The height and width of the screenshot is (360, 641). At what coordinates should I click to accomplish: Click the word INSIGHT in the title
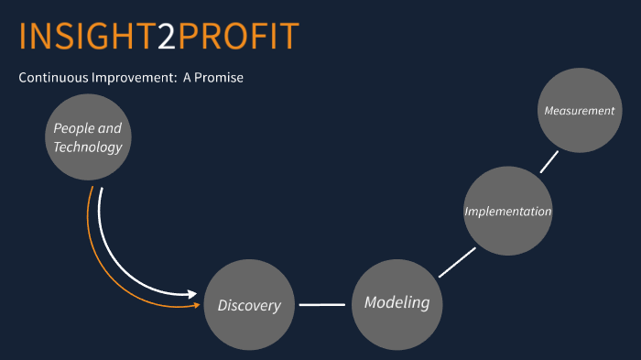click(x=85, y=36)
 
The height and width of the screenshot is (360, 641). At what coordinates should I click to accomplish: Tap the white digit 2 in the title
click(x=165, y=36)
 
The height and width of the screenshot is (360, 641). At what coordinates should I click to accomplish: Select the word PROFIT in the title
click(x=238, y=36)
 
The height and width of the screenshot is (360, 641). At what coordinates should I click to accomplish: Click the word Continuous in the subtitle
click(x=53, y=77)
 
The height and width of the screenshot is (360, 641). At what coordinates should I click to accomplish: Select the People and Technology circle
click(x=87, y=137)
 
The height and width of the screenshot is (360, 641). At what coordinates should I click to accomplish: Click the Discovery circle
click(x=249, y=305)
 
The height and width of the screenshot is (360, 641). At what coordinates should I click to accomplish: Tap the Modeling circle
click(x=397, y=303)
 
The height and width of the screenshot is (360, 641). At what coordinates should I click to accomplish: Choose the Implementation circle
click(x=507, y=211)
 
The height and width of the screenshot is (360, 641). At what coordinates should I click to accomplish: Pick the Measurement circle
click(x=579, y=110)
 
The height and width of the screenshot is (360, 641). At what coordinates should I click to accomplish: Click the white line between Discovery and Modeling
click(x=321, y=304)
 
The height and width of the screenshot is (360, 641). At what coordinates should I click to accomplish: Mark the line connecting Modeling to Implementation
click(x=453, y=262)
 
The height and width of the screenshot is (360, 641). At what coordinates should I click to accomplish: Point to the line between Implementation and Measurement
click(x=549, y=161)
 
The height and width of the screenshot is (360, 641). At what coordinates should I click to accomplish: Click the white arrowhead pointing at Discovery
click(x=192, y=295)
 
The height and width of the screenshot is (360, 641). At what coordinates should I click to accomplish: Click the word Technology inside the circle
click(x=88, y=147)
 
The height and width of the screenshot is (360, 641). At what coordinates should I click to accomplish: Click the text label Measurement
click(x=579, y=111)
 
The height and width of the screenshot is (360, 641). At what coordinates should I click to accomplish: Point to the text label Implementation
click(x=507, y=212)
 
